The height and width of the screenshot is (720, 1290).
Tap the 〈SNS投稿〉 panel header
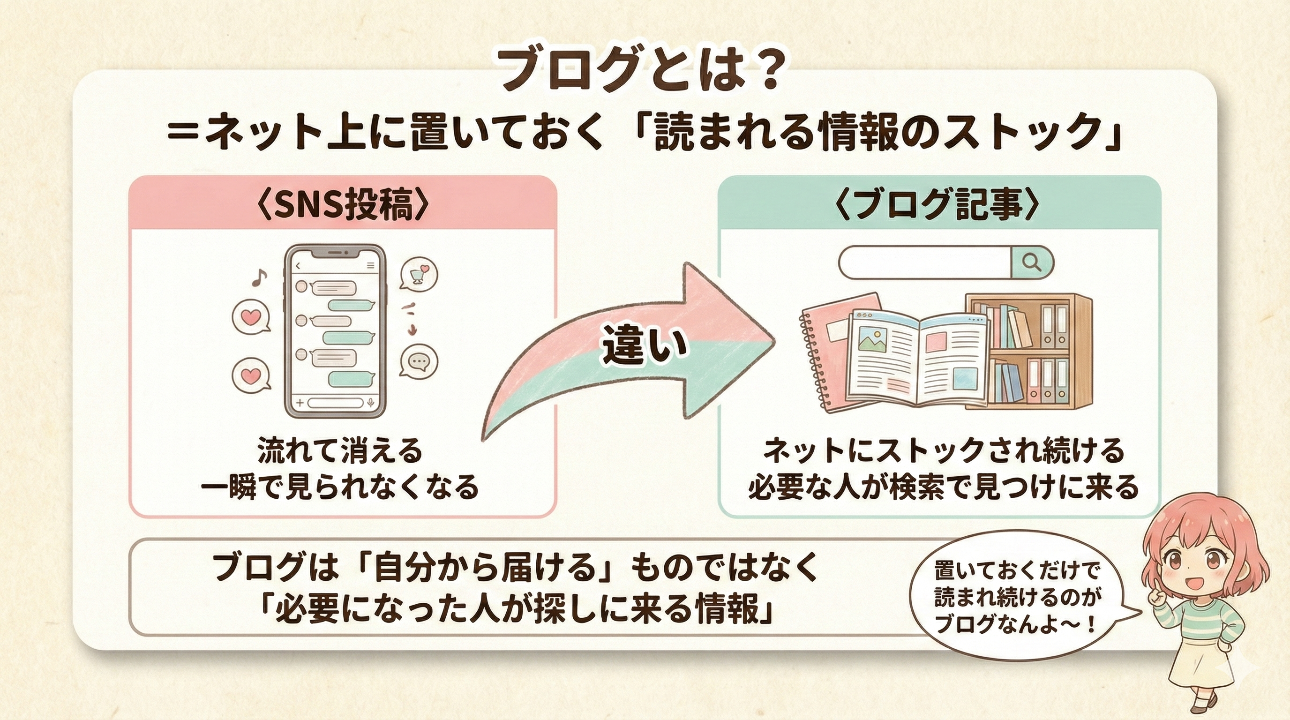(343, 204)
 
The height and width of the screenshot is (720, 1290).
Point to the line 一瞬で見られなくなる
(339, 486)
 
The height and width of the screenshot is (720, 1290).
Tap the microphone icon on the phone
(371, 403)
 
